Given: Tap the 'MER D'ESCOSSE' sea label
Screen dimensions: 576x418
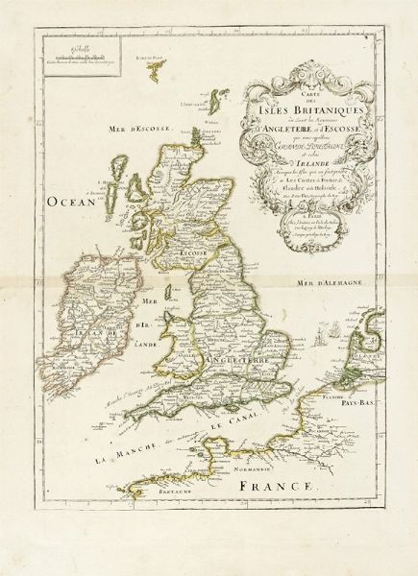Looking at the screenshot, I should (x=106, y=149).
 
